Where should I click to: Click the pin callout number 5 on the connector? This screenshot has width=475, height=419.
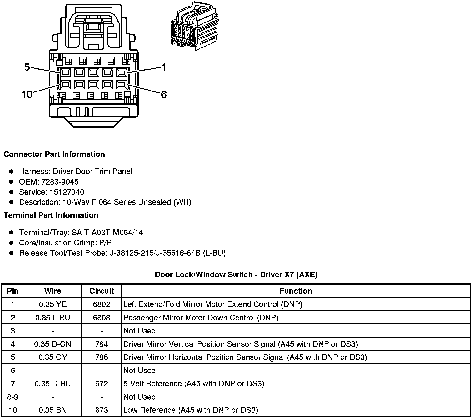(27, 67)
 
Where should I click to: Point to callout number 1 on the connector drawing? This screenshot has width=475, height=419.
(164, 67)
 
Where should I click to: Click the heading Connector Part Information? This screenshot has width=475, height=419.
(54, 155)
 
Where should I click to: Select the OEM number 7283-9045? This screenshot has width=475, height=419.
(60, 182)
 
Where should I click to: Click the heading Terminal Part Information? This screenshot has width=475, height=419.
(51, 215)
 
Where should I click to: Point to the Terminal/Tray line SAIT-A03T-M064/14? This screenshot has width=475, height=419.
(81, 233)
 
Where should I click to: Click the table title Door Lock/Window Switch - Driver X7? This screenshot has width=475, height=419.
(236, 275)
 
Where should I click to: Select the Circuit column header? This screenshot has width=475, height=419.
(102, 291)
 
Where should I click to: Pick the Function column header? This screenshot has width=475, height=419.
(296, 291)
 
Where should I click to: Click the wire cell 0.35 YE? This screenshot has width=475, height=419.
(53, 304)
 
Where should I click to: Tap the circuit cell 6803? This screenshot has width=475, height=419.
(102, 318)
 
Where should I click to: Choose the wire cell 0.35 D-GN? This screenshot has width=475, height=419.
(53, 344)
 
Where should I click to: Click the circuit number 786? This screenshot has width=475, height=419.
(102, 357)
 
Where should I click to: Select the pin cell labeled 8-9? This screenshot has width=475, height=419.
(13, 397)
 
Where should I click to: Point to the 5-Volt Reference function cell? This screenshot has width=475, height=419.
(194, 384)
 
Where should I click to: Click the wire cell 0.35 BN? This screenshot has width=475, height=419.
(53, 410)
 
